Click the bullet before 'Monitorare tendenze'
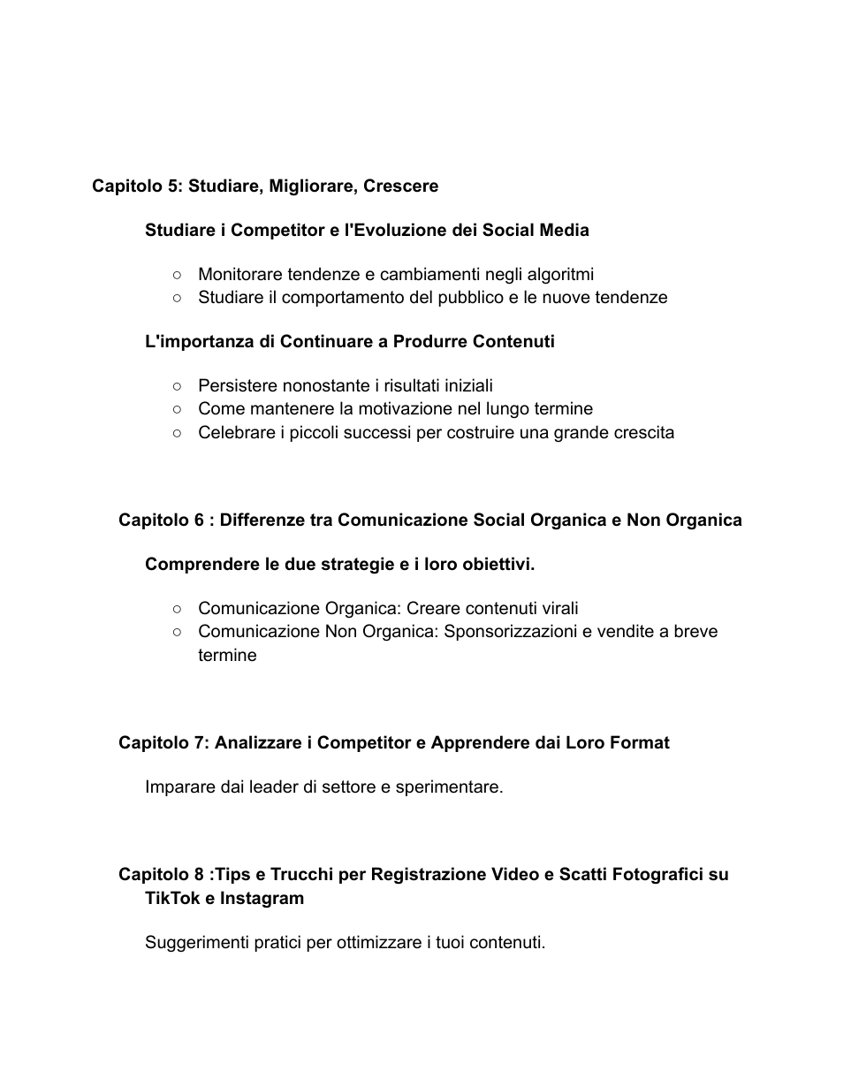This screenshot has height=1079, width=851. point(178,275)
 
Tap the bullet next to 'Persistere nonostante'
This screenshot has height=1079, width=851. point(178,386)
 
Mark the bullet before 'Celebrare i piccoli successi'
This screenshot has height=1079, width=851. point(178,433)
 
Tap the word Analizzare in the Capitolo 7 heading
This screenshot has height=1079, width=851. point(257,743)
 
